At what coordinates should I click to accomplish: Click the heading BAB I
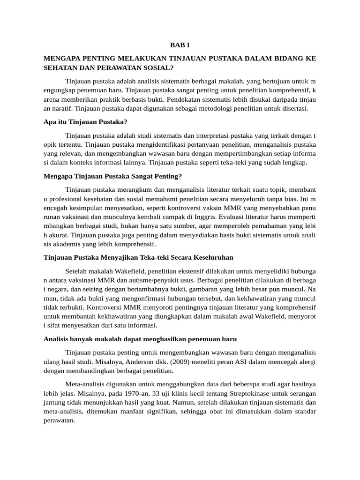[180, 45]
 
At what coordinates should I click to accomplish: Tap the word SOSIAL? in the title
[158, 67]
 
